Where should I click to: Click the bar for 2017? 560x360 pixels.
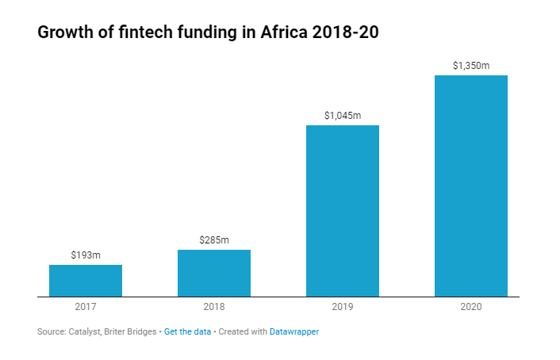click(86, 281)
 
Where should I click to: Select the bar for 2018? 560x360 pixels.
click(214, 274)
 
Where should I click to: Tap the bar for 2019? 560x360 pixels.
click(343, 211)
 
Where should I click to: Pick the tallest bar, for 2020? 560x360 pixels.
click(471, 186)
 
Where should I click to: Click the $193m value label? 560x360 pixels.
click(86, 255)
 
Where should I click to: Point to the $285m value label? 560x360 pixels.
click(214, 240)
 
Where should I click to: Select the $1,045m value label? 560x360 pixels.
click(343, 116)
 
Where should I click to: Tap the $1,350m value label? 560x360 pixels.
click(471, 66)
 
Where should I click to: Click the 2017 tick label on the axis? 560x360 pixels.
click(86, 307)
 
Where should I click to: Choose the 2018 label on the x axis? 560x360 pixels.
click(214, 307)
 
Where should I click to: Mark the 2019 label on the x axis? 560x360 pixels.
click(343, 307)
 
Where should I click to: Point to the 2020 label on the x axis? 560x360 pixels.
click(471, 307)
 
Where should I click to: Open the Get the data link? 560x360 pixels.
click(187, 331)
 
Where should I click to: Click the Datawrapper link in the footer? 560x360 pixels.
click(294, 331)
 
